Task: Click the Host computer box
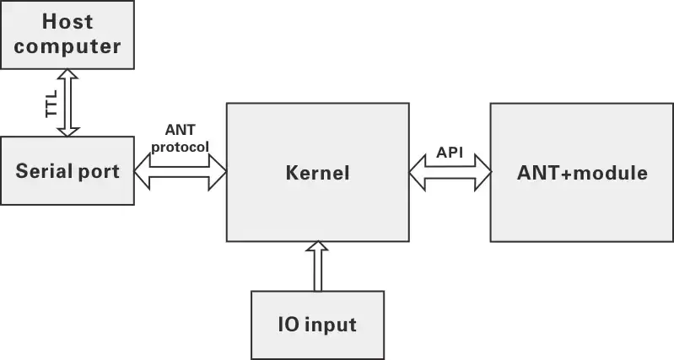(x=67, y=35)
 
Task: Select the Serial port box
(x=67, y=171)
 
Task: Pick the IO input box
(x=317, y=325)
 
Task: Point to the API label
(x=450, y=153)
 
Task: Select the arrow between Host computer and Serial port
(x=67, y=102)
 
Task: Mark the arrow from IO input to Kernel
(x=317, y=266)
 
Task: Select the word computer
(x=67, y=46)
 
